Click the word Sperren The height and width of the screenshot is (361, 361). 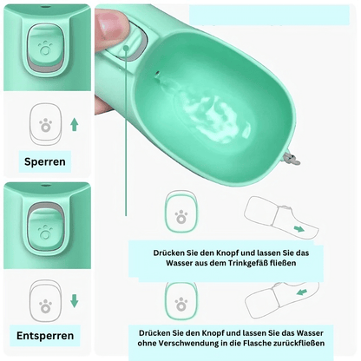pos(45,161)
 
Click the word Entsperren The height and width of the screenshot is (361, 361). pos(45,336)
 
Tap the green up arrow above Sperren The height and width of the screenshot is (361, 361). pos(75,124)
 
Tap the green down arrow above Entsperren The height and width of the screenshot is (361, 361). pos(75,301)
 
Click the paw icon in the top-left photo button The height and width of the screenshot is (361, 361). pos(45,49)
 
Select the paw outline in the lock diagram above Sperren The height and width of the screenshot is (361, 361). pos(46,125)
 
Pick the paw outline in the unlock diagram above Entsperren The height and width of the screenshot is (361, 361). pos(46,306)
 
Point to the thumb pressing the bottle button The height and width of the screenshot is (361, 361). pos(111,29)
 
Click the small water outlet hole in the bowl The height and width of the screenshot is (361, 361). pos(157,75)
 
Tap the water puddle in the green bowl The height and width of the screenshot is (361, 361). pos(211,115)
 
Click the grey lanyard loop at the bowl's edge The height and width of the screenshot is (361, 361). pos(292,160)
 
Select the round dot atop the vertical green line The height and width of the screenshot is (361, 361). pos(126,49)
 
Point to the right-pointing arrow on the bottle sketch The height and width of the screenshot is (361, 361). pos(299,229)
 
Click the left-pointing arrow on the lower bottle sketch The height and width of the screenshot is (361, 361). pos(302,292)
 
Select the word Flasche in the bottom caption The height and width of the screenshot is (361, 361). pos(258,344)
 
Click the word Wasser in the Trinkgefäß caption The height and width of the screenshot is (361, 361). pos(177,263)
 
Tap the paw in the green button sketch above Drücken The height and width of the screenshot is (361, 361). pos(181,217)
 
